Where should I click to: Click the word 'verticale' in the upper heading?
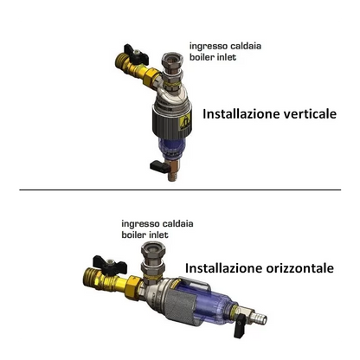click(x=310, y=114)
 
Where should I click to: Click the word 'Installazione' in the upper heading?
click(x=241, y=114)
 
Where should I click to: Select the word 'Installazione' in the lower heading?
click(x=223, y=268)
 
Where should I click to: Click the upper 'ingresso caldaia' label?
click(x=225, y=46)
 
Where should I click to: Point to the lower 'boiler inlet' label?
click(x=145, y=235)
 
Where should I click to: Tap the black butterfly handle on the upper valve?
click(x=137, y=55)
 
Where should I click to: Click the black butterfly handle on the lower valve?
click(x=110, y=265)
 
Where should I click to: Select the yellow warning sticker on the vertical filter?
click(x=184, y=124)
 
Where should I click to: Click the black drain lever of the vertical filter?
click(x=158, y=166)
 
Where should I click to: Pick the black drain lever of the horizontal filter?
click(x=239, y=329)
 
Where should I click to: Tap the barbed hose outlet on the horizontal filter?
click(x=259, y=317)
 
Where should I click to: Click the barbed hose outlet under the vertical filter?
click(x=172, y=177)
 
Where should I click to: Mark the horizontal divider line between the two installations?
click(x=180, y=190)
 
